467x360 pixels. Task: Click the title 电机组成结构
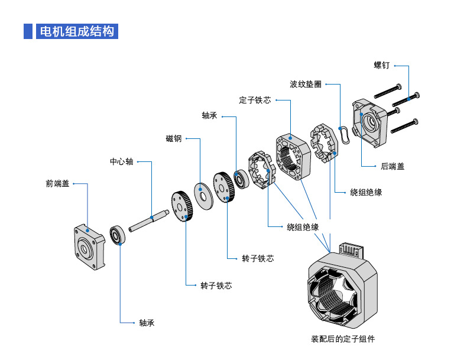77,31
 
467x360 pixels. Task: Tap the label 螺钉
381,65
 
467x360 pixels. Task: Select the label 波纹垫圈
306,85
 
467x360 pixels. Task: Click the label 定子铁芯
255,100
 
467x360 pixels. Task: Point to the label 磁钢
174,139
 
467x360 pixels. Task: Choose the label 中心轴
122,161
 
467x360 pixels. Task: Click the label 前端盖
57,184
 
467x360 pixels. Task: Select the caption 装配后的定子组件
343,339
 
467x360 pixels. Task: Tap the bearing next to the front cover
118,236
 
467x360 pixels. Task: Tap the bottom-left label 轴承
147,323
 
